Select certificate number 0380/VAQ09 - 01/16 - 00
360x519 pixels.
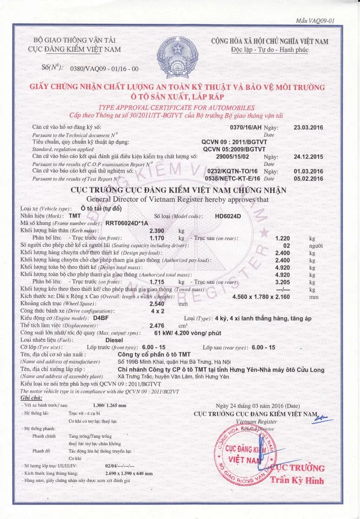(104, 69)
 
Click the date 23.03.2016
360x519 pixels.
(308, 127)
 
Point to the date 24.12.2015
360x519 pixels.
(308, 157)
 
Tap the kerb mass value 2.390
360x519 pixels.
(158, 231)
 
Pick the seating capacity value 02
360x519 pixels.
(286, 245)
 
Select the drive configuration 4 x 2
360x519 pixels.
(158, 311)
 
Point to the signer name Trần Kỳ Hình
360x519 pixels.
(297, 480)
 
